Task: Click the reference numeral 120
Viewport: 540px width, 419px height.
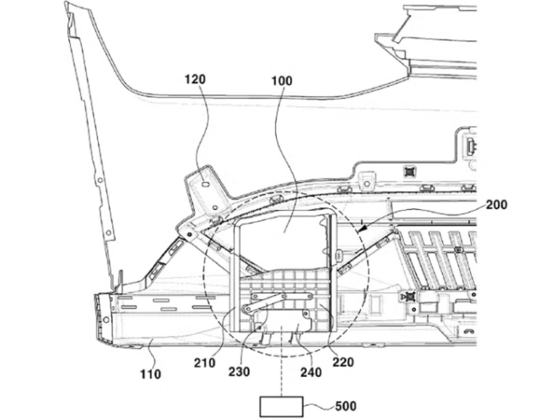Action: pos(195,79)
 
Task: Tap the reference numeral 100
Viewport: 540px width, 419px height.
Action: pos(282,81)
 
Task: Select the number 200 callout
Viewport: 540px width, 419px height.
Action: pos(497,205)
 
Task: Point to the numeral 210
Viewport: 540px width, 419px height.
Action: pos(204,363)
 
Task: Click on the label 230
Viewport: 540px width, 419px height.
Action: pos(239,372)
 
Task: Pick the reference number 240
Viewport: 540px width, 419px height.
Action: pos(311,373)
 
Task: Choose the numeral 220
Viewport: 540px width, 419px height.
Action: pos(343,362)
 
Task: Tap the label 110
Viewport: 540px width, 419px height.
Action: pos(150,374)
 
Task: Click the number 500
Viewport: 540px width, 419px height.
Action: pos(345,406)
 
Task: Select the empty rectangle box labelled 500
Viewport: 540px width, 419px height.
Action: pos(281,407)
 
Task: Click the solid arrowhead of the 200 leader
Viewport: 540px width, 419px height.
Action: pos(360,228)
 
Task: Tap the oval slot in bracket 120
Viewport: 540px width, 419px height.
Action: pos(205,184)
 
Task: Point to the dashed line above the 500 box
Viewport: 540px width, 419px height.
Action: pos(281,361)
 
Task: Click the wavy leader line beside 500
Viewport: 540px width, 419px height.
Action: pos(319,407)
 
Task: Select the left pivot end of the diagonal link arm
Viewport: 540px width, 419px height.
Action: pos(247,309)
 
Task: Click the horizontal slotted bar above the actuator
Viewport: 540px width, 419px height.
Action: pos(282,296)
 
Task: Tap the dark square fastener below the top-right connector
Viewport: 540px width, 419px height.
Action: pos(409,170)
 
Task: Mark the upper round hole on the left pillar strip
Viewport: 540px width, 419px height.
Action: pos(100,180)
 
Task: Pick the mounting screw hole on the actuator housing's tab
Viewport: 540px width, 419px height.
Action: pos(305,314)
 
